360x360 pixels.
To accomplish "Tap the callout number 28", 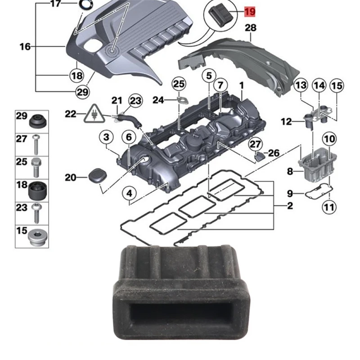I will (x=250, y=28).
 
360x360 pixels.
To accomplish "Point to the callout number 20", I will (x=70, y=178).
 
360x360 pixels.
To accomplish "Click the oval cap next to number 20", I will (x=96, y=176).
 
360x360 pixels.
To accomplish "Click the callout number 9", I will (x=290, y=193).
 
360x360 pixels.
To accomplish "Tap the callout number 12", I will (x=287, y=121).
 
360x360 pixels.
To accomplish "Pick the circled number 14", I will (x=319, y=85).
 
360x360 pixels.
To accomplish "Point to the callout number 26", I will (x=274, y=153).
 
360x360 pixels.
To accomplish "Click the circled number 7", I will (x=220, y=85).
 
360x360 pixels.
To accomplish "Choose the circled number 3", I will (x=106, y=137).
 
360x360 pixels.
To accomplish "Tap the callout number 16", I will (x=25, y=46).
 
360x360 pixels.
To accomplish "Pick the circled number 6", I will (x=128, y=137).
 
